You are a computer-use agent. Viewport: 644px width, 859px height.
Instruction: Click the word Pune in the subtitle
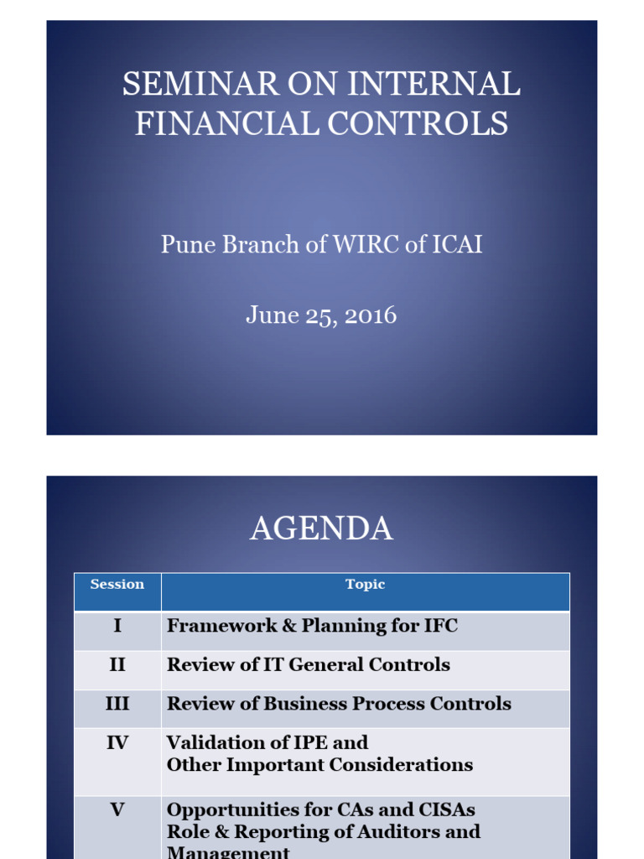[183, 245]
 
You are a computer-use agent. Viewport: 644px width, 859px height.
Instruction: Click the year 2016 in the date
[369, 315]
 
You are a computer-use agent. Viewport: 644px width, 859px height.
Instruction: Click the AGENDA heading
[321, 528]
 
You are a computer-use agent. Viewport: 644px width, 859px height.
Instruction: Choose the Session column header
[117, 585]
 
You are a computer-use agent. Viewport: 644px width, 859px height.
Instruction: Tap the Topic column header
[365, 585]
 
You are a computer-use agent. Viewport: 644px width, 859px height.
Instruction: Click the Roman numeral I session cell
[117, 626]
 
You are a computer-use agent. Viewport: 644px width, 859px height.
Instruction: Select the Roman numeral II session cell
[117, 665]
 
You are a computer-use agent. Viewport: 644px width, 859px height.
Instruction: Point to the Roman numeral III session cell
[117, 704]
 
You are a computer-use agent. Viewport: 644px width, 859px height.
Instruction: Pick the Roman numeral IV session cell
[117, 742]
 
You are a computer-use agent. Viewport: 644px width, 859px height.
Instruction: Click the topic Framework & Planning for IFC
[312, 626]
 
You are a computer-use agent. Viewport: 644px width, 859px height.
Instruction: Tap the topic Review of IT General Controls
[309, 665]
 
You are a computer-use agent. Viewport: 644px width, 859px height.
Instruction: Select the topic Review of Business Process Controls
[339, 704]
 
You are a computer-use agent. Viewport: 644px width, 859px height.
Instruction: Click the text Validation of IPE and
[267, 742]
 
